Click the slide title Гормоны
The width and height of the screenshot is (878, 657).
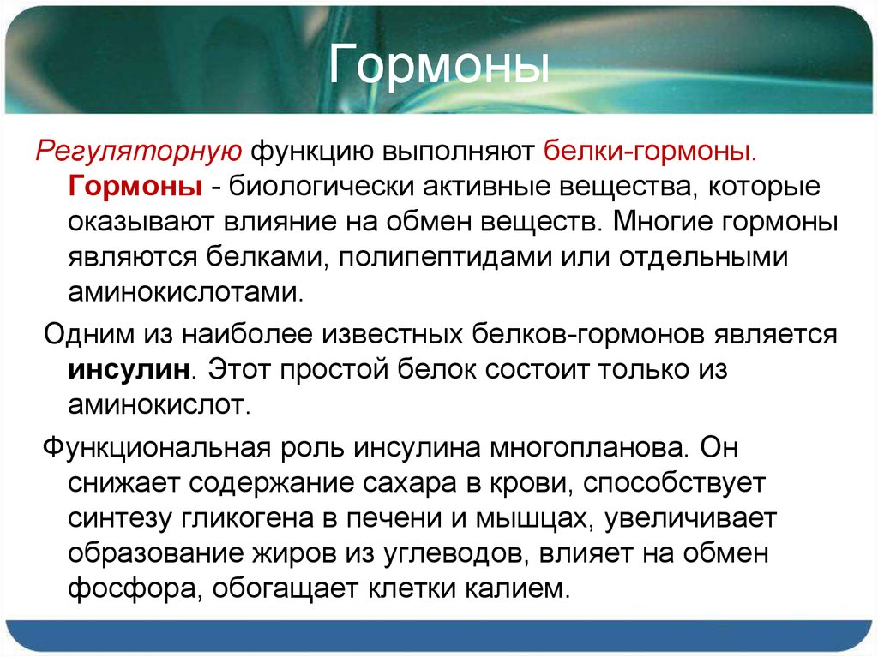point(440,68)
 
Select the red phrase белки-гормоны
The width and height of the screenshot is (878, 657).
point(650,152)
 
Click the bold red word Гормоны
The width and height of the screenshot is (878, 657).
point(136,187)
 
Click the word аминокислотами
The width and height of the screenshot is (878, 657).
point(186,291)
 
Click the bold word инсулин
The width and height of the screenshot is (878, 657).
point(129,370)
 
